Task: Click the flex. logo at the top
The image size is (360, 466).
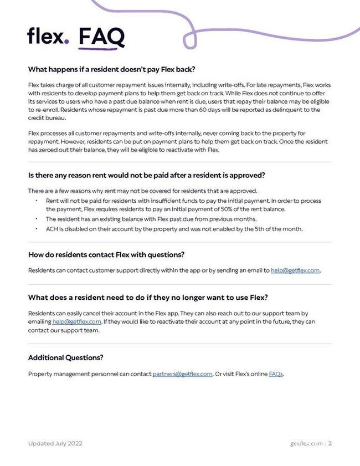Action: click(48, 36)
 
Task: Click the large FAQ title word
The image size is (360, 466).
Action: click(101, 37)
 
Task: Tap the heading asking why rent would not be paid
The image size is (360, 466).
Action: click(147, 176)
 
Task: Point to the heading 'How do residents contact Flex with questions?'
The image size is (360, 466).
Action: click(106, 255)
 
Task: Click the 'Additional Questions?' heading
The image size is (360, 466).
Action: click(65, 357)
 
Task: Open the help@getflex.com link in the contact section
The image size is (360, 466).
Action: click(295, 270)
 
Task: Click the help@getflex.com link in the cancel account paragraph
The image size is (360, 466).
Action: click(77, 321)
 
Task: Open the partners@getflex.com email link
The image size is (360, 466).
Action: click(182, 374)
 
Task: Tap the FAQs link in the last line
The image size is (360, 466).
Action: click(276, 374)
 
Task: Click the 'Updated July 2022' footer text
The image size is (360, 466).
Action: click(55, 443)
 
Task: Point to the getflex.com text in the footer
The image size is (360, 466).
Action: click(307, 443)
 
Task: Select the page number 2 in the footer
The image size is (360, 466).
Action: click(330, 443)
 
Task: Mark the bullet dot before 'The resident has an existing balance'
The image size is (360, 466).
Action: click(36, 219)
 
